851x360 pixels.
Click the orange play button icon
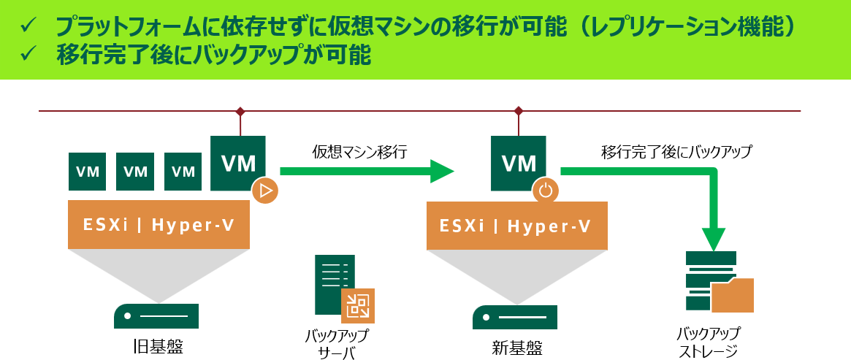coord(265,191)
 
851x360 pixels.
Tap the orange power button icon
coord(546,191)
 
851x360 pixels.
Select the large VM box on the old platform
coord(237,163)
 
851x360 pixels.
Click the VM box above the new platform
coord(519,163)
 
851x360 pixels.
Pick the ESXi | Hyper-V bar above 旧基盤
coord(159,225)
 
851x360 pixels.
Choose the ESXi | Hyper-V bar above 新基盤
coord(516,226)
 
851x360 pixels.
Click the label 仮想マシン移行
coord(359,153)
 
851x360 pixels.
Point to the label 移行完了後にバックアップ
coord(676,153)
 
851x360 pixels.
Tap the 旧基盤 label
coord(158,346)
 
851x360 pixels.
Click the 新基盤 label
coord(516,347)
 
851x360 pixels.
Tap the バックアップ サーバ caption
coord(336,344)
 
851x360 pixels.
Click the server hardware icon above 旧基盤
coord(156,316)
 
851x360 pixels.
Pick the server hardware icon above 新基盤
coord(515,317)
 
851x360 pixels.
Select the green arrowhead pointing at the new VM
coord(443,172)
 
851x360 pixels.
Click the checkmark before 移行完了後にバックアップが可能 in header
coord(28,54)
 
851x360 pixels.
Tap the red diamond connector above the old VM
coord(240,111)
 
